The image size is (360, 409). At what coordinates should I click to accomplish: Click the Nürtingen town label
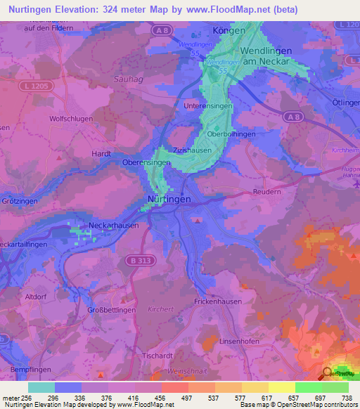coord(169,200)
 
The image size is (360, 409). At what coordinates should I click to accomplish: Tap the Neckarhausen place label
coord(113,226)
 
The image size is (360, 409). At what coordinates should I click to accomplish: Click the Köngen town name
coord(229,31)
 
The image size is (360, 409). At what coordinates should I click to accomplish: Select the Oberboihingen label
coord(231,134)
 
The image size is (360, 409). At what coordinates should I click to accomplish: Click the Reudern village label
coord(267,191)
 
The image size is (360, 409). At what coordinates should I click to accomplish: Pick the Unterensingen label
coord(207,105)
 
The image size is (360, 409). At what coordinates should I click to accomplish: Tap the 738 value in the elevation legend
coord(347,397)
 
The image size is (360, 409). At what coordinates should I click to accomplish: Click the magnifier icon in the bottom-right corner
coord(328,373)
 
